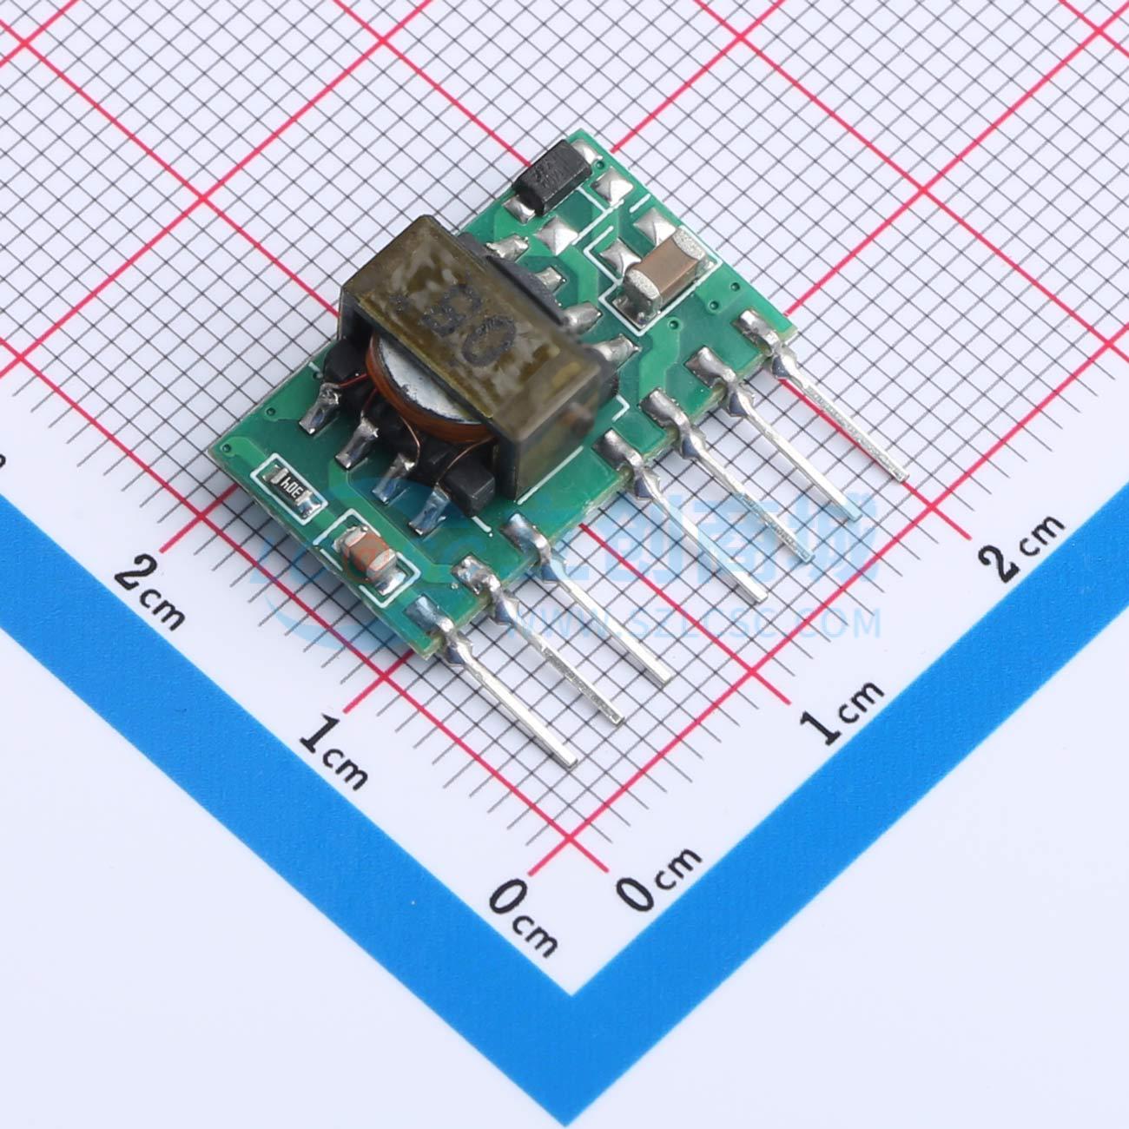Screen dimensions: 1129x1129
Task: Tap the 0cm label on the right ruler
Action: coord(660,877)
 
